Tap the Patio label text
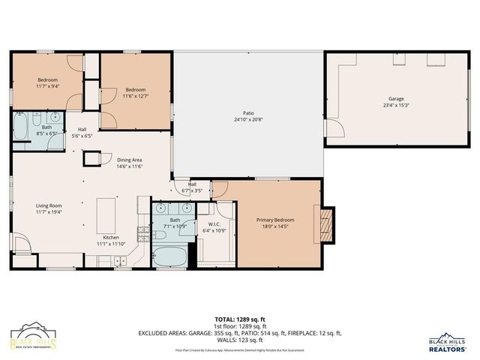click(247, 113)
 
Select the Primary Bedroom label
click(275, 220)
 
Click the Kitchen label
click(110, 237)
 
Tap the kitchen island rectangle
click(106, 208)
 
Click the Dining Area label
click(130, 160)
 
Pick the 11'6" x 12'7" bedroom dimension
click(136, 95)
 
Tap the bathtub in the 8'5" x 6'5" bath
click(21, 125)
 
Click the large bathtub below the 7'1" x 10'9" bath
click(171, 256)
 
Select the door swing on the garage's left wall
click(334, 128)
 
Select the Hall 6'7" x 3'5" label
click(192, 187)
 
